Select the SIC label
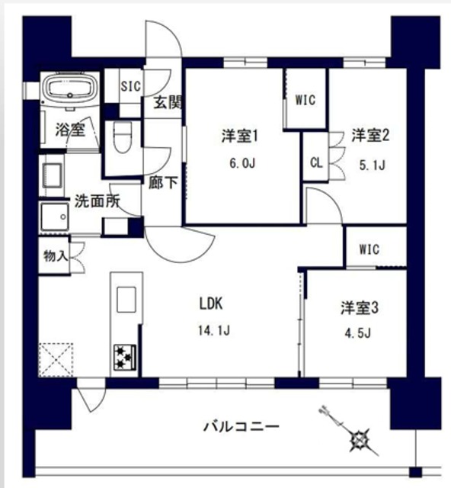pos(131,86)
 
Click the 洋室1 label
pos(241,136)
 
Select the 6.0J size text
pos(241,162)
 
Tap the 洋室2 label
pos(371,136)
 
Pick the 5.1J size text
pos(371,163)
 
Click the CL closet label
pos(315,162)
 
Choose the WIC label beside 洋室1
pos(305,99)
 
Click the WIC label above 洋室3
pos(369,250)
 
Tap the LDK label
pos(210,303)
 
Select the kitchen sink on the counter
pos(125,297)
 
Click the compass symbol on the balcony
pos(358,439)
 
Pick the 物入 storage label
pos(55,255)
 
